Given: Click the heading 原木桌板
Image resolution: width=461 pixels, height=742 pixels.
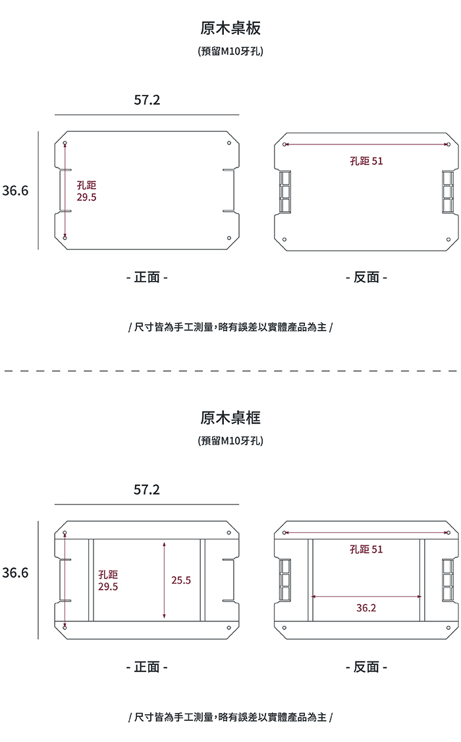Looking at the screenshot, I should tap(230, 28).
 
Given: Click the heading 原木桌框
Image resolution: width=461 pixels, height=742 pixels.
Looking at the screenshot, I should tap(230, 417).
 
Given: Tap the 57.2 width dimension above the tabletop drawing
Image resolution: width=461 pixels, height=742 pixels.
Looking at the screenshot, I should tap(147, 100).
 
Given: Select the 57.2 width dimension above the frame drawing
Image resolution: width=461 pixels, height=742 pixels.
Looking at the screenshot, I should tap(147, 490).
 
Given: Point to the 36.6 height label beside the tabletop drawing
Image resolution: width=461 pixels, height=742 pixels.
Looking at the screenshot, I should tap(15, 191).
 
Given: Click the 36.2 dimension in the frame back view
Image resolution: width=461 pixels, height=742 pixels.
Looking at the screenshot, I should tap(366, 607).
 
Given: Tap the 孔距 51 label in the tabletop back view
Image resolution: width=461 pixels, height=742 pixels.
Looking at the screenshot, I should tap(366, 160).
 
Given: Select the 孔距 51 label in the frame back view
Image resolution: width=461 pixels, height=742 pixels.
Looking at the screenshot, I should tap(366, 549).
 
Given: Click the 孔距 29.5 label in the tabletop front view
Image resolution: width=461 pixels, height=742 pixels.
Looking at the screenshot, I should tap(87, 191).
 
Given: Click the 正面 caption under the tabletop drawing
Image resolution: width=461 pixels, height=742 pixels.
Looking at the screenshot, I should tap(147, 278).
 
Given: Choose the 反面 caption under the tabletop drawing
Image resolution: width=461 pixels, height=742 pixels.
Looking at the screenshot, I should tap(366, 278).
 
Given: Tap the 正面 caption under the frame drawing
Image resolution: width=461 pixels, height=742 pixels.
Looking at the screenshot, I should tap(147, 667).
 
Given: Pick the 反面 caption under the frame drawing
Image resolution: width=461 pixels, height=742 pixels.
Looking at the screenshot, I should tap(366, 667).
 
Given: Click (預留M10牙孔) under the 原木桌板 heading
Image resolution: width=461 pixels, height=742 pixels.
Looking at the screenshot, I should tap(230, 51).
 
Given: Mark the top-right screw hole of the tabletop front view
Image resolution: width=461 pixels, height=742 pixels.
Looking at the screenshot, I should tap(229, 143).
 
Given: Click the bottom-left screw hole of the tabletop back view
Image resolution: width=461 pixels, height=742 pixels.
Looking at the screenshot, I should tap(285, 239).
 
